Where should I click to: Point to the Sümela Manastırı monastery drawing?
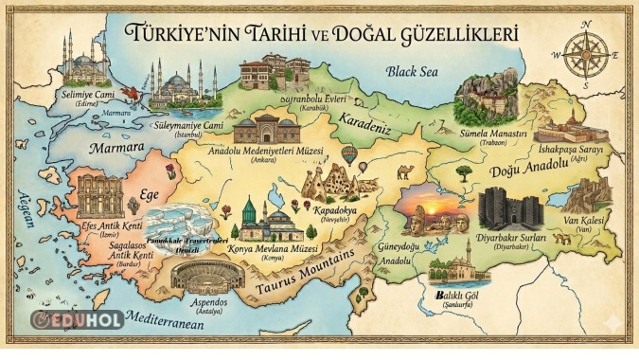click(487, 99)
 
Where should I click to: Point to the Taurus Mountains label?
click(306, 262)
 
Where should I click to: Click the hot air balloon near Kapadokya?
click(349, 153)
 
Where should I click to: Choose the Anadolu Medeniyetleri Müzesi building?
click(266, 133)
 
